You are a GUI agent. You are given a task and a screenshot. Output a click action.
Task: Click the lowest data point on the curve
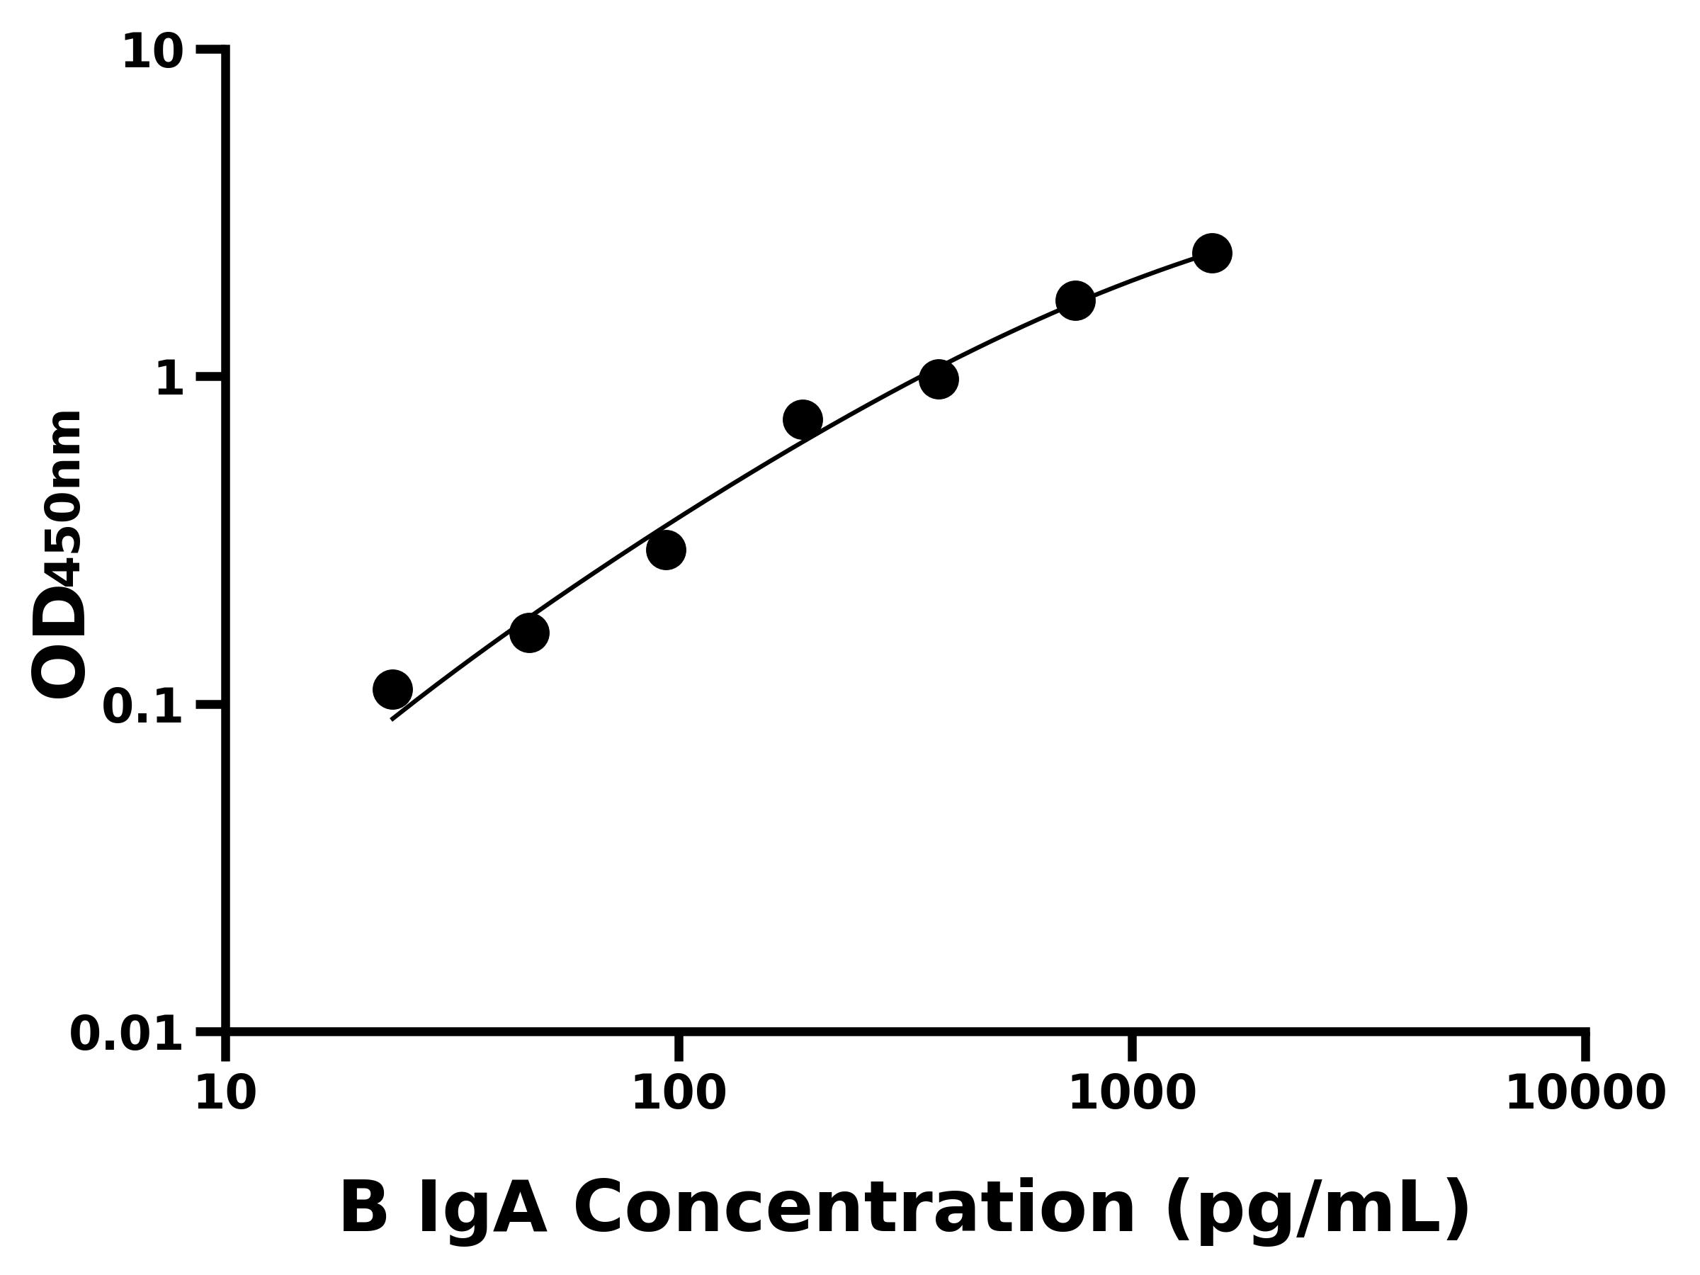pyautogui.click(x=392, y=689)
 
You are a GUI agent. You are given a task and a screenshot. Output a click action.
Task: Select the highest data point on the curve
pyautogui.click(x=1212, y=253)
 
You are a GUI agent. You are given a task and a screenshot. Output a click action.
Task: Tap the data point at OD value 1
pyautogui.click(x=939, y=379)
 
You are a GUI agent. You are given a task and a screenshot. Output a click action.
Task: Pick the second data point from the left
pyautogui.click(x=528, y=633)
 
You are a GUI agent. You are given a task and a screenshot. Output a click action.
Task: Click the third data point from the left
pyautogui.click(x=666, y=550)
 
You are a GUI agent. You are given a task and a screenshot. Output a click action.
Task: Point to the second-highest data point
pyautogui.click(x=1075, y=300)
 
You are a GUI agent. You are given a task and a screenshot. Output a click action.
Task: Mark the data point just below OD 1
pyautogui.click(x=803, y=419)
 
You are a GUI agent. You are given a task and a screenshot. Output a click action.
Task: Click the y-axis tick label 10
pyautogui.click(x=153, y=53)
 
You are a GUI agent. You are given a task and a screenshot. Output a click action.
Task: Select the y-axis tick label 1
pyautogui.click(x=170, y=380)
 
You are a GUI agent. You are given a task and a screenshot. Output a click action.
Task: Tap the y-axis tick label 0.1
pyautogui.click(x=143, y=707)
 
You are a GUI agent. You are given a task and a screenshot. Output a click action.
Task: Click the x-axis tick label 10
pyautogui.click(x=225, y=1094)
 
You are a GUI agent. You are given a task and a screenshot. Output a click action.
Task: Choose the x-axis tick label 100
pyautogui.click(x=679, y=1094)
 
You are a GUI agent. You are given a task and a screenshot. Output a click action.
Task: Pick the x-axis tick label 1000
pyautogui.click(x=1132, y=1094)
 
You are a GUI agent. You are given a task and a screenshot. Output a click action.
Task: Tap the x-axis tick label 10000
pyautogui.click(x=1585, y=1094)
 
